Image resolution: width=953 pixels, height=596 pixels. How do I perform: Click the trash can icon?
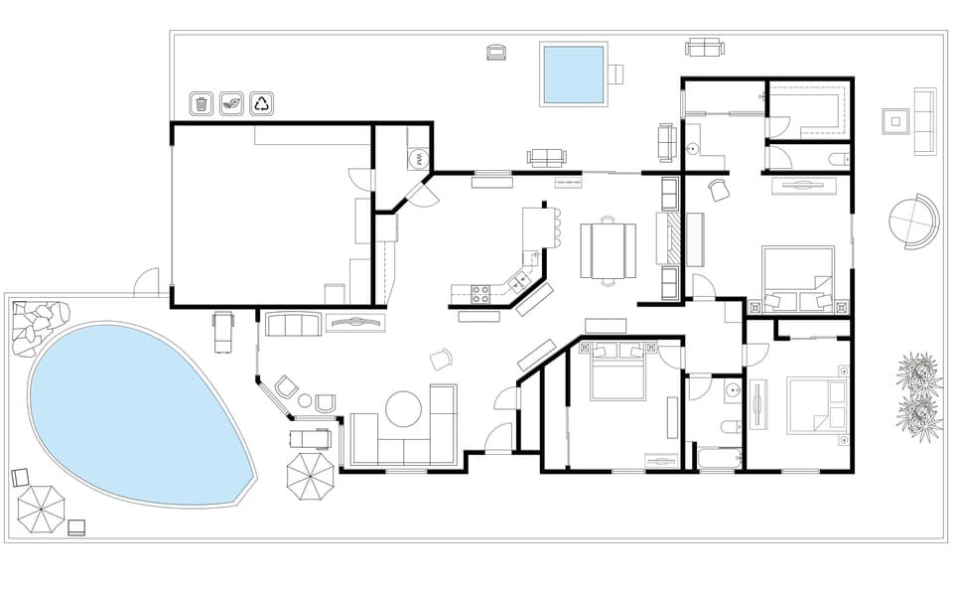coord(202,103)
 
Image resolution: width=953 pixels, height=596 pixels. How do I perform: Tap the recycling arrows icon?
coord(262,103)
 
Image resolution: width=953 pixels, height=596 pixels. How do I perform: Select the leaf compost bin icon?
coord(232,103)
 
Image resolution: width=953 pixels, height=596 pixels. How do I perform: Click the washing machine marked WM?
coord(419,159)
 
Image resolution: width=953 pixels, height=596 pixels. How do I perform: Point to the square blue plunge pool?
coord(573,74)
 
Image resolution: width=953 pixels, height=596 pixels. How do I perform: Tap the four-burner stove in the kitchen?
coord(480,293)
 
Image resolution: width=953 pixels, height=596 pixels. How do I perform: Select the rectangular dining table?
coord(608,251)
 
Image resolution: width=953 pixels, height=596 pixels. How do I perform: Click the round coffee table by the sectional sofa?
coord(405,408)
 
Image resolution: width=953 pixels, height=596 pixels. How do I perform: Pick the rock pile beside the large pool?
coord(33,326)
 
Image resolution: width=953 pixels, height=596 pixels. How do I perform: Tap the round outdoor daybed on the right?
coord(912,223)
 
